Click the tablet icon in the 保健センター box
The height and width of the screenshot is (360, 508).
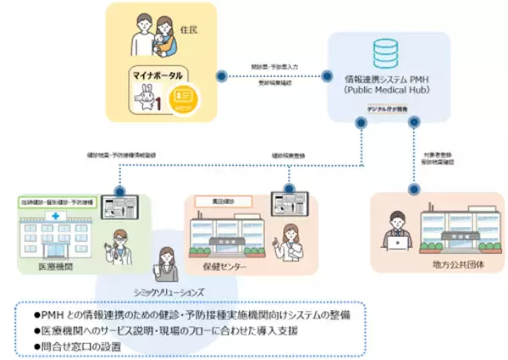point(281,204)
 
